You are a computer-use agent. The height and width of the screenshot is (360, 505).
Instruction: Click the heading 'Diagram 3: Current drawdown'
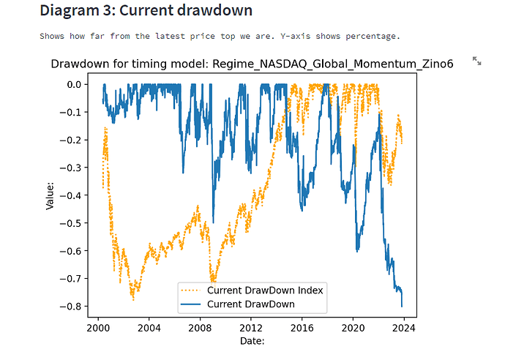pyautogui.click(x=146, y=11)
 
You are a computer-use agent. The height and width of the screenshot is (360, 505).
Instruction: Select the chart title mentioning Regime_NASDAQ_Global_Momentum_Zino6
pyautogui.click(x=252, y=64)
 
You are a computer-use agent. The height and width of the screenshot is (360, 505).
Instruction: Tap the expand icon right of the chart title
pyautogui.click(x=477, y=61)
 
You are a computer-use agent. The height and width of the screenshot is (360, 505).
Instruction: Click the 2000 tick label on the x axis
pyautogui.click(x=98, y=327)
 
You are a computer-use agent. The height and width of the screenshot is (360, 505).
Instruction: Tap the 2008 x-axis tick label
pyautogui.click(x=201, y=327)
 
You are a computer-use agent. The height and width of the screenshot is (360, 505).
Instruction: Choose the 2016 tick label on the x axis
pyautogui.click(x=302, y=327)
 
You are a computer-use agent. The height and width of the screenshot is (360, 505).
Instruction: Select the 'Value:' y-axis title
pyautogui.click(x=50, y=195)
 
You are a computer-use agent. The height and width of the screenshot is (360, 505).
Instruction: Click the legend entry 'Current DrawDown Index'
pyautogui.click(x=265, y=290)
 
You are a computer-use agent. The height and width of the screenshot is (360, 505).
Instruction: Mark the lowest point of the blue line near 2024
pyautogui.click(x=402, y=306)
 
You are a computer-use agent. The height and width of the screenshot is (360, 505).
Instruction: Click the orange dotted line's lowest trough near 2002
pyautogui.click(x=133, y=299)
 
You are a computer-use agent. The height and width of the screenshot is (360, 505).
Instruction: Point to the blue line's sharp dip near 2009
pyautogui.click(x=213, y=221)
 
